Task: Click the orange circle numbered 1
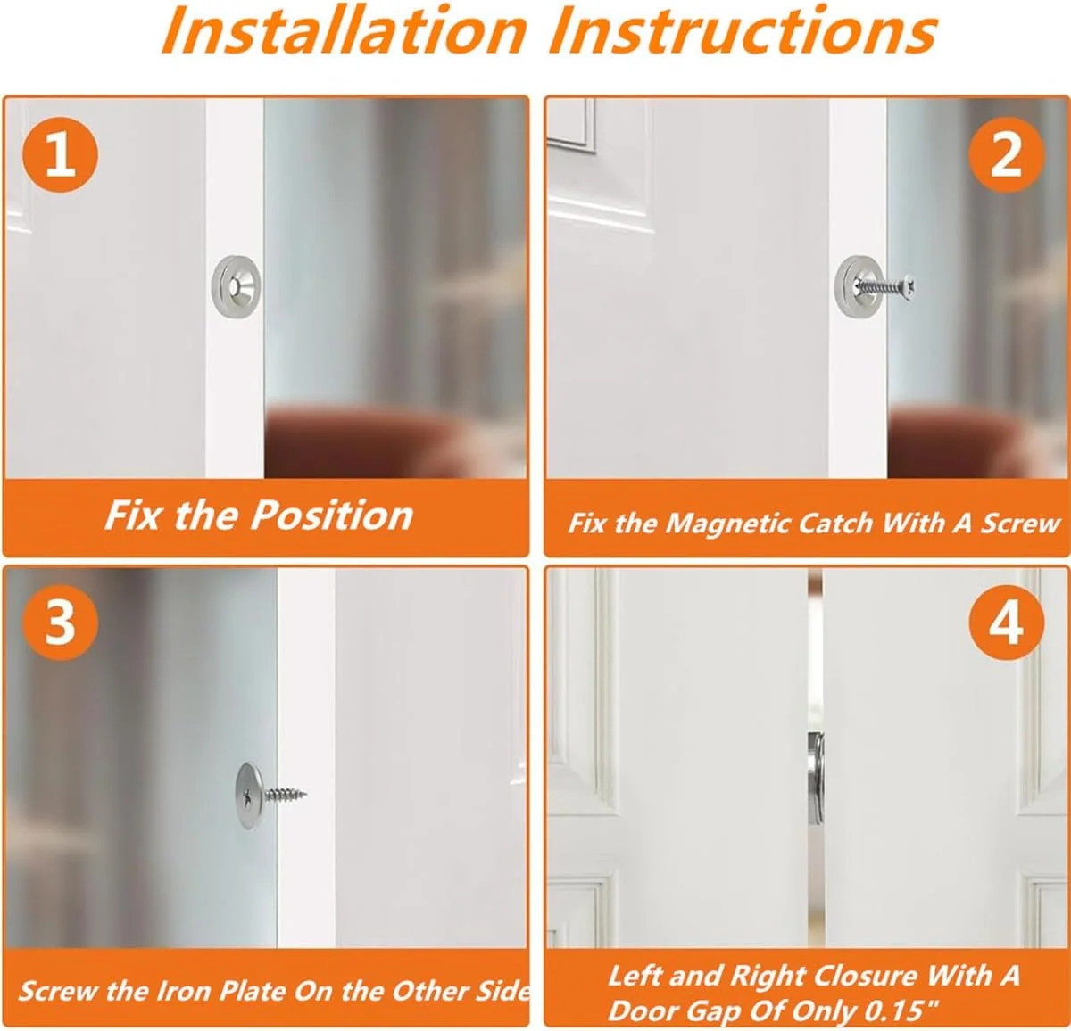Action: point(60,154)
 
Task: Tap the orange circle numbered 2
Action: point(1006,154)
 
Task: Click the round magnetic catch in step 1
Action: point(237,286)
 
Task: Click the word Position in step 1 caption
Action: point(332,517)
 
